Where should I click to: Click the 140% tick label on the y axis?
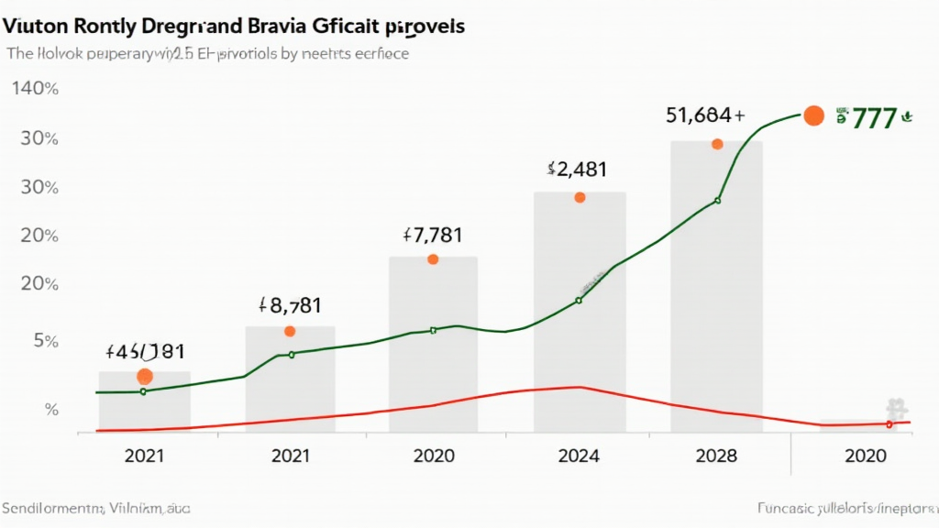click(x=35, y=90)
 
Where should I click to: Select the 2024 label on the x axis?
click(x=578, y=456)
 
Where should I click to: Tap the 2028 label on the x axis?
click(x=716, y=456)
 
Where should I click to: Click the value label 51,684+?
click(x=704, y=115)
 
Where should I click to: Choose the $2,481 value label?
click(x=576, y=169)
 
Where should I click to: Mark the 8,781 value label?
click(x=290, y=305)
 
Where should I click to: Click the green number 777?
click(x=873, y=118)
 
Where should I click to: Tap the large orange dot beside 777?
click(x=812, y=115)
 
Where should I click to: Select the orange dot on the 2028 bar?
click(x=717, y=144)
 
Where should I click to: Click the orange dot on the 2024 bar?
click(x=580, y=197)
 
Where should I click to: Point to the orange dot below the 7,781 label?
click(x=433, y=259)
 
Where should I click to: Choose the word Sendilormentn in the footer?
click(x=50, y=507)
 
